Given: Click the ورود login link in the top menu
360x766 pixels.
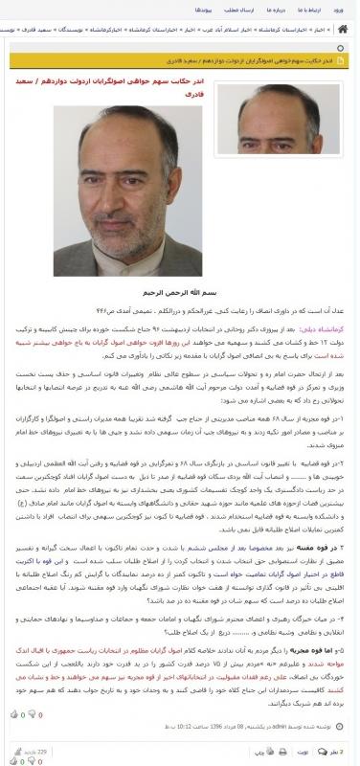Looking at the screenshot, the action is point(345,10).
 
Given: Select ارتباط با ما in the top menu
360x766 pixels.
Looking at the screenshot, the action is point(314,10).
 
